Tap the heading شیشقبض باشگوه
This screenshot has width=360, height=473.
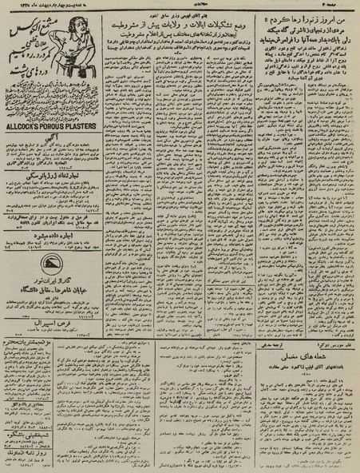(54, 415)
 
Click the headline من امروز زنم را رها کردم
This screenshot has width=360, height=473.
(304, 17)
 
